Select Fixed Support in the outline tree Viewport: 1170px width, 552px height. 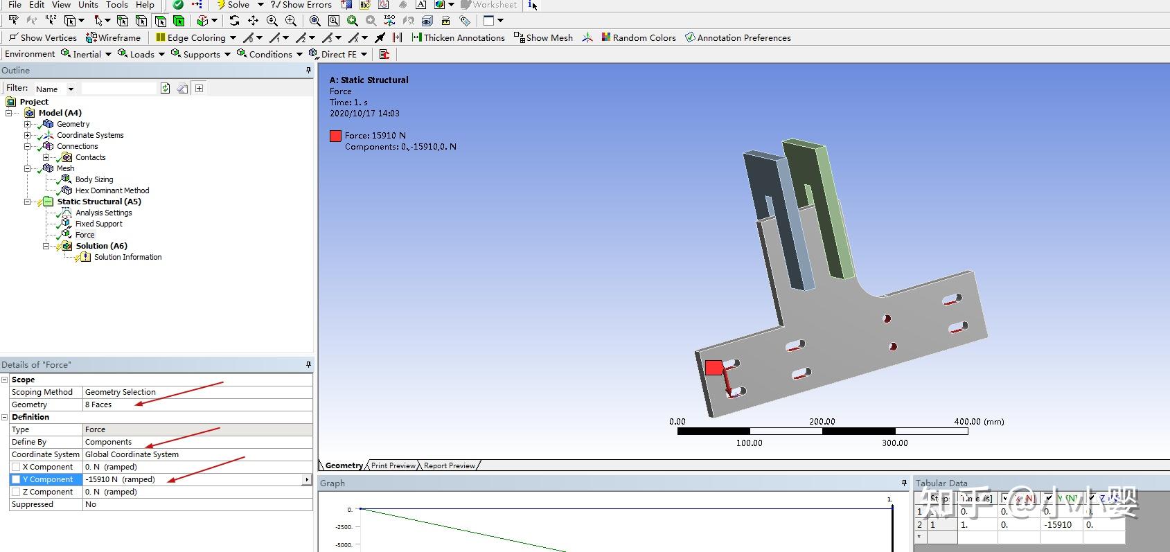click(98, 224)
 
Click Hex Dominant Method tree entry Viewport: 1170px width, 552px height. click(112, 190)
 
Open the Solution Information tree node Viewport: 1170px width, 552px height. click(127, 257)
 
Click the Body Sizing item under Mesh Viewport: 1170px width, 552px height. click(94, 179)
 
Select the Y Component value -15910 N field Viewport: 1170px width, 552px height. click(193, 479)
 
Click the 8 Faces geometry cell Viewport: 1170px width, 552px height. click(196, 404)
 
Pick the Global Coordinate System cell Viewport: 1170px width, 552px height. click(196, 454)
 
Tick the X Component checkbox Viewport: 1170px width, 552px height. click(16, 467)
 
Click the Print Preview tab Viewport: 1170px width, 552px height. click(393, 465)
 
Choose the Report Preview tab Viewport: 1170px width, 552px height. click(449, 465)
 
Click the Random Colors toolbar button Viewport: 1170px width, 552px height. click(638, 37)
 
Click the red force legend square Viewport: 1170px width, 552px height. click(336, 136)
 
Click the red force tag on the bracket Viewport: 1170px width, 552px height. click(713, 368)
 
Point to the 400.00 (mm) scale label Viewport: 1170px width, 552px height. click(978, 421)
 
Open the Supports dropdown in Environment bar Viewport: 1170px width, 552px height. click(201, 54)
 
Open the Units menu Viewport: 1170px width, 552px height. click(88, 5)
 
